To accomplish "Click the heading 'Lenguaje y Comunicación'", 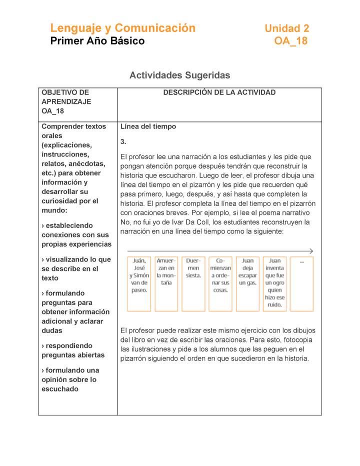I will [x=122, y=28].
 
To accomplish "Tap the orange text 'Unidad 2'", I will [x=286, y=28].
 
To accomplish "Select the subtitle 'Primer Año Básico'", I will [x=97, y=41].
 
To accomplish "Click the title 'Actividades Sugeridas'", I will [x=179, y=75].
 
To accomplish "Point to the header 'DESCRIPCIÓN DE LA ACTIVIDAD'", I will [x=219, y=92].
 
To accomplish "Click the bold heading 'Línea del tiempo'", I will [x=148, y=126].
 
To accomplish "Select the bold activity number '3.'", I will [x=123, y=141].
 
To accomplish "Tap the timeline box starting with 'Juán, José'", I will [x=139, y=283].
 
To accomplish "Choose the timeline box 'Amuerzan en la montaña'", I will [x=166, y=283].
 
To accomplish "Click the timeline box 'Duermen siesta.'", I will [x=193, y=283].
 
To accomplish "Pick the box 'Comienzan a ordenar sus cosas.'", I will [x=220, y=283].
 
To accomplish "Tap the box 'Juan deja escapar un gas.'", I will [x=247, y=283].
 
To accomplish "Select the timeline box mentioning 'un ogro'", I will [x=274, y=283].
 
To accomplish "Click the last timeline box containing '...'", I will [x=302, y=283].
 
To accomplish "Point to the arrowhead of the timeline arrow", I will [x=311, y=251].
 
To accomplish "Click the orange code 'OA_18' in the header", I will [x=290, y=41].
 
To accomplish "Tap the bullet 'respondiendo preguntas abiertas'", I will [x=73, y=350].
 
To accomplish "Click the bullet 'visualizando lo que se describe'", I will [x=76, y=268].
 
